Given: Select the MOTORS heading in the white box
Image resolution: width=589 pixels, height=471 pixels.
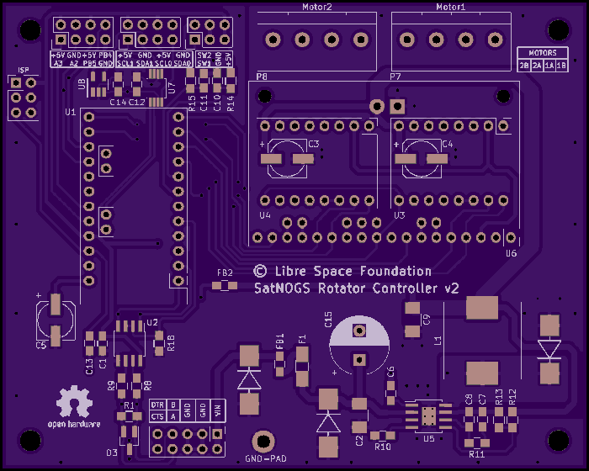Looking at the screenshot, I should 543,53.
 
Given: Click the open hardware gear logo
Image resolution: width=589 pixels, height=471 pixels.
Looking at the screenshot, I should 74,402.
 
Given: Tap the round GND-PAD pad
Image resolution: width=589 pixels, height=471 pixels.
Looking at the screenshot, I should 264,441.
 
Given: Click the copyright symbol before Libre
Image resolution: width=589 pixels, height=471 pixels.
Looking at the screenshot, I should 260,271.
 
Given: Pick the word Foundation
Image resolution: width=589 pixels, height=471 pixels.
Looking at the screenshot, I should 395,271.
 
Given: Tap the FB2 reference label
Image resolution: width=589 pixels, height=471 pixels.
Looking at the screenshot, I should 225,273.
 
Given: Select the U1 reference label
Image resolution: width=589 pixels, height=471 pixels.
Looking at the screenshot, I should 70,112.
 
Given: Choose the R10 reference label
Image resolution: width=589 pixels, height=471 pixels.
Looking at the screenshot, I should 383,447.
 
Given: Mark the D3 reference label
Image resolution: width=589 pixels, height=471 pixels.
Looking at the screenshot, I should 111,452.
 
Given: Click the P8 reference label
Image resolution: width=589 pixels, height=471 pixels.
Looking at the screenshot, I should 262,77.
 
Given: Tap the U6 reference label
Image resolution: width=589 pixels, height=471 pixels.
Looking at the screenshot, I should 510,252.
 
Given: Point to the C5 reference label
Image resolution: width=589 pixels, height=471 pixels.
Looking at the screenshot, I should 41,345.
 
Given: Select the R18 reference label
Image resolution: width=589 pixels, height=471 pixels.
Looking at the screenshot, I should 171,341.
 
